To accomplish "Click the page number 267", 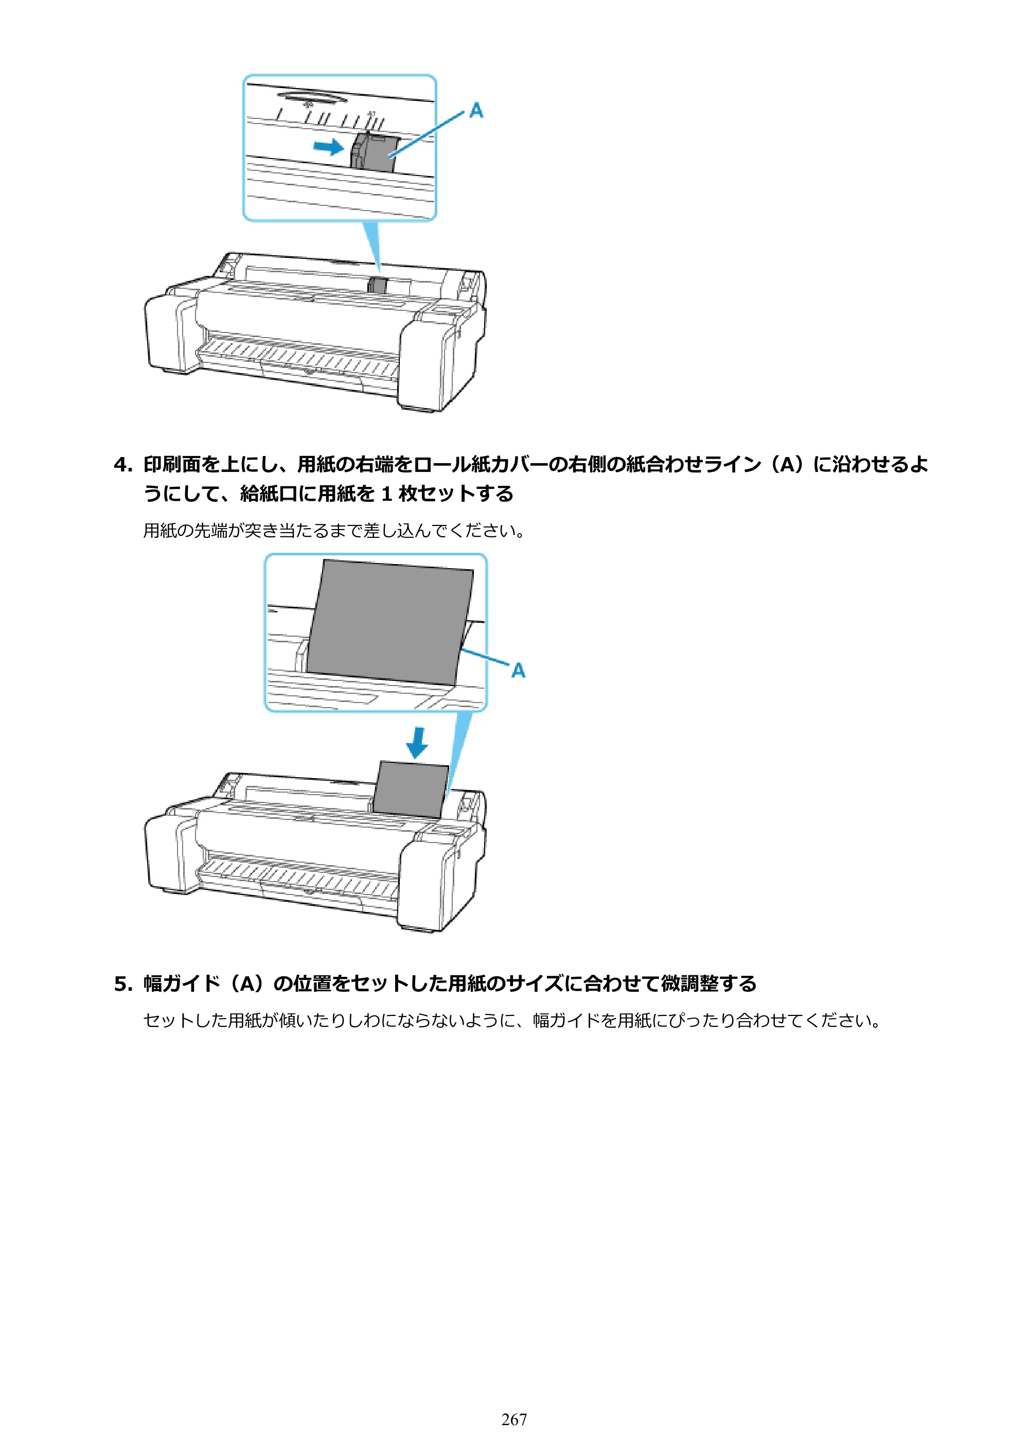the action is point(513,1419).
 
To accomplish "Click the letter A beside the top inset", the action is point(476,111).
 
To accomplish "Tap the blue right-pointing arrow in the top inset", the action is point(328,147).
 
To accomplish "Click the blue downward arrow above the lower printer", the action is point(417,743).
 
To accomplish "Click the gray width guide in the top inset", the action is point(374,152).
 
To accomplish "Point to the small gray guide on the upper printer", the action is point(377,285).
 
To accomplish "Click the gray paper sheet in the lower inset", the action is point(388,622).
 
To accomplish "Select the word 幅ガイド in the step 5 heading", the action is point(182,984).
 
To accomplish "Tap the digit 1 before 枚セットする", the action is point(386,494).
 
